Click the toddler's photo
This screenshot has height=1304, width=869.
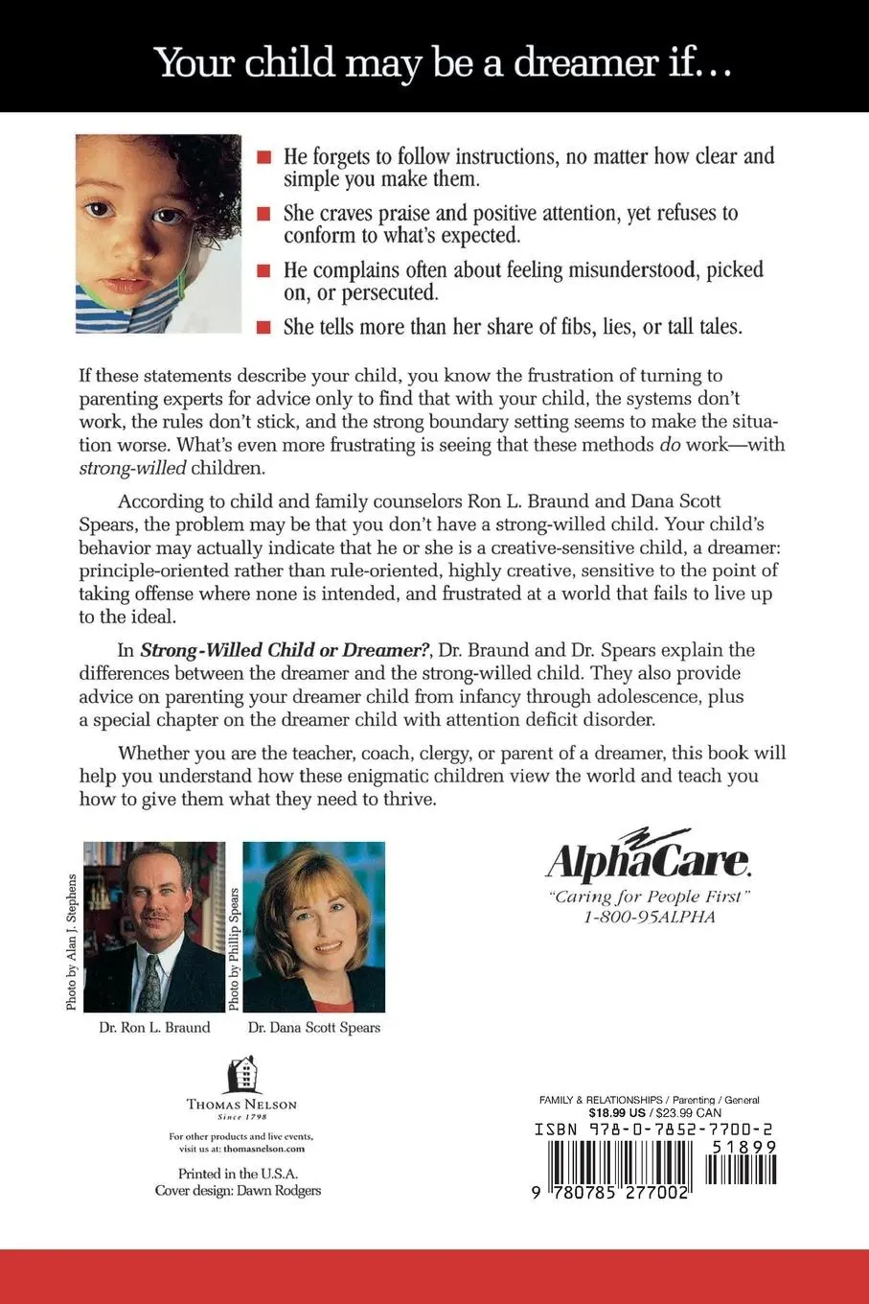(158, 233)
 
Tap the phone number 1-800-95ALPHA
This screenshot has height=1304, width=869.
(650, 917)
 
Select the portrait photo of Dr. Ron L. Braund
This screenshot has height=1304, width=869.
(154, 927)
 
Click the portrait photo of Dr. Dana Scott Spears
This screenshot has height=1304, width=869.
(314, 927)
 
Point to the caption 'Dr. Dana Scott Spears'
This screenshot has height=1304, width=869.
(314, 1028)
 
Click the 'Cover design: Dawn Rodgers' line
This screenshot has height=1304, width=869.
(238, 1191)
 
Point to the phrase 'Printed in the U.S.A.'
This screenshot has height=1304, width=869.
(238, 1174)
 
